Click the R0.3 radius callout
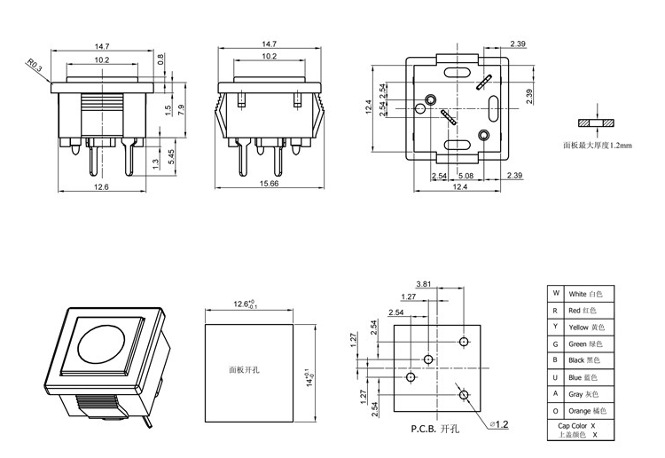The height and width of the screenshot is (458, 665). click(34, 65)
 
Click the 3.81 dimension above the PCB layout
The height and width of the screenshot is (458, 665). click(448, 285)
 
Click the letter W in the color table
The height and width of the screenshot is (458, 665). click(555, 293)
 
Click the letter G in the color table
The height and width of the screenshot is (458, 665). click(555, 343)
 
